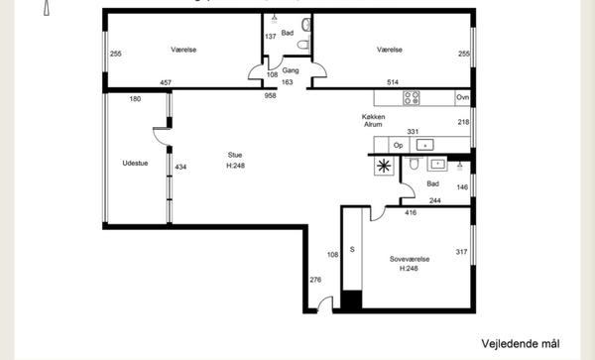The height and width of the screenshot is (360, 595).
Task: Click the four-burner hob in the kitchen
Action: click(412, 97)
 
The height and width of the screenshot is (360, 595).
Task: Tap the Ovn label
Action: click(462, 97)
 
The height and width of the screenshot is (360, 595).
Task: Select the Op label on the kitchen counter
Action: click(398, 146)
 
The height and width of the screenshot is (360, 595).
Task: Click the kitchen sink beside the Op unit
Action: click(425, 145)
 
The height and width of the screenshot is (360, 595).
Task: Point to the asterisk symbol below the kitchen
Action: click(384, 166)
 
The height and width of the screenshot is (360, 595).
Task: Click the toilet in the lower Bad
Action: click(414, 163)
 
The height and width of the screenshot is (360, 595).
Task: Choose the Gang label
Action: click(291, 70)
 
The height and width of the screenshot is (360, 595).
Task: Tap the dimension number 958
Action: click(270, 95)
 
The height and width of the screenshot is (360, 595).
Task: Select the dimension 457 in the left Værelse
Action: click(166, 82)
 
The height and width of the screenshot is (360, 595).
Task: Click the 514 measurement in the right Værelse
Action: click(393, 82)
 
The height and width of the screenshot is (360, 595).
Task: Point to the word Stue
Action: click(235, 155)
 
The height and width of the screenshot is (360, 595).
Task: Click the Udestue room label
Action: click(135, 163)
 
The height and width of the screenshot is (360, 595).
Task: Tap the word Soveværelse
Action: click(410, 259)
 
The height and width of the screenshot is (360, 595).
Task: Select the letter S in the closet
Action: click(352, 249)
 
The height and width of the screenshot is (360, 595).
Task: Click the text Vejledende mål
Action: click(521, 344)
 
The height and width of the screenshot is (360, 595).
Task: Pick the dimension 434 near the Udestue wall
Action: click(180, 167)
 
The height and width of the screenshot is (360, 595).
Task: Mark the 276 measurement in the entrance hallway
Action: click(315, 280)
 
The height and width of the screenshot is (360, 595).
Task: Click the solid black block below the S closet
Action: click(351, 300)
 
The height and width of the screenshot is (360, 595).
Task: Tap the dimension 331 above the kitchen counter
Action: click(413, 132)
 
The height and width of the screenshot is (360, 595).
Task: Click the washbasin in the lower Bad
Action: click(437, 164)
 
